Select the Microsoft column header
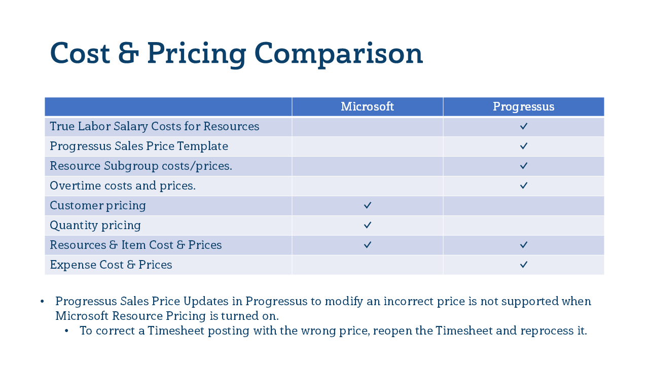pos(367,107)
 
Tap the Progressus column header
pos(523,107)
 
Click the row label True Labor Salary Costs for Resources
pos(154,127)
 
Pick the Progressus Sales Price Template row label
pos(138,147)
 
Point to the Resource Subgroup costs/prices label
pos(140,166)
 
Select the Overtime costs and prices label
pos(122,186)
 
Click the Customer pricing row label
pos(97,206)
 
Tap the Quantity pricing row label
pos(95,226)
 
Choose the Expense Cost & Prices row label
pos(111,265)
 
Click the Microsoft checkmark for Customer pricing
pos(368,205)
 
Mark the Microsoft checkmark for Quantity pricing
pos(368,225)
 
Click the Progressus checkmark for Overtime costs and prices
pos(524,186)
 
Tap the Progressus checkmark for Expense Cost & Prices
pos(524,265)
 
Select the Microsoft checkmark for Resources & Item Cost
pos(368,245)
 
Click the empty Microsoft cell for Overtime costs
pos(367,186)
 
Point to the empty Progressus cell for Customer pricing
pos(523,206)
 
